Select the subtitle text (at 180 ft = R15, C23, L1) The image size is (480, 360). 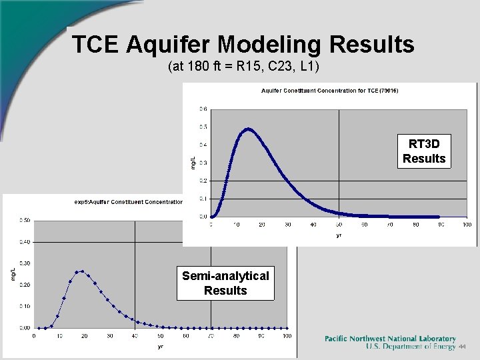(244, 67)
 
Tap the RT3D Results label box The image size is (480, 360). (423, 151)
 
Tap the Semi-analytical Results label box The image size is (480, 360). (225, 283)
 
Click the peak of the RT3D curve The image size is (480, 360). (248, 129)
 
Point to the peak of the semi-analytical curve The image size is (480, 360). (80, 271)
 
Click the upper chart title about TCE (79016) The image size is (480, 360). (329, 91)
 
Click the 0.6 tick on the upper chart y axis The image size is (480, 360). (203, 109)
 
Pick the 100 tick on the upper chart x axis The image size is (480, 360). (466, 225)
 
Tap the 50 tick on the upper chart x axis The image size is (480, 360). (339, 225)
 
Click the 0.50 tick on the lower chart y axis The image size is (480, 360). (23, 220)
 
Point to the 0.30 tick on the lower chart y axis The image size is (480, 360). (23, 263)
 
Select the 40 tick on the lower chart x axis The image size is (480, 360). (135, 336)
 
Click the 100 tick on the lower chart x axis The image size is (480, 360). (287, 336)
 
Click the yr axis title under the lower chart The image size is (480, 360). (161, 346)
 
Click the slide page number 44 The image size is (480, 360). (461, 347)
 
